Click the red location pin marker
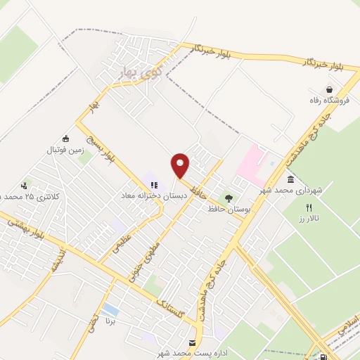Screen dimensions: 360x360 (180, 166)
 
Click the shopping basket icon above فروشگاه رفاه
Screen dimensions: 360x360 (329, 89)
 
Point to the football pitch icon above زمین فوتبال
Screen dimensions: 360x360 (65, 139)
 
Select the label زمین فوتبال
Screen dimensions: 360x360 (65, 150)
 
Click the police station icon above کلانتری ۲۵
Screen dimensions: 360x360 (25, 186)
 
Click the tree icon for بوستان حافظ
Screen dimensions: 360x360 (227, 198)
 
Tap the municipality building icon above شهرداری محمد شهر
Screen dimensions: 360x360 (290, 179)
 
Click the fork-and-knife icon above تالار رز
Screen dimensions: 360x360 (308, 207)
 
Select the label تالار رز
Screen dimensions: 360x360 (307, 219)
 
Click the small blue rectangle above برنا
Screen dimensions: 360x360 (110, 310)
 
